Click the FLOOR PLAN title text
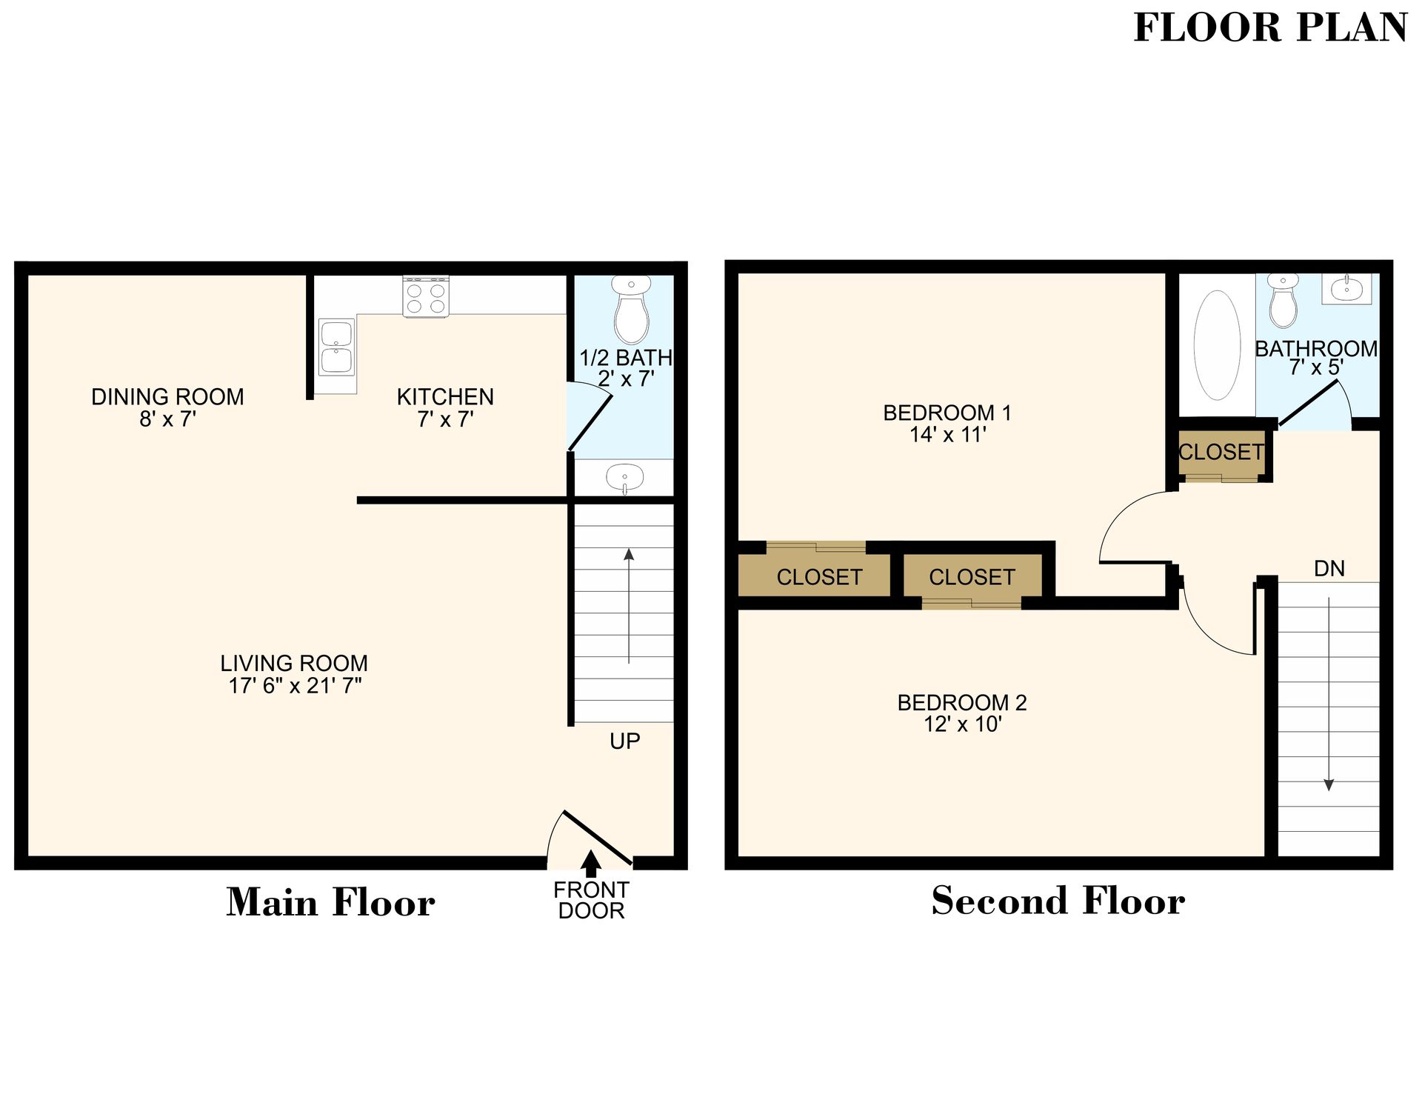point(1269,28)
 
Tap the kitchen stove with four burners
point(426,297)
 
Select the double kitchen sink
point(336,347)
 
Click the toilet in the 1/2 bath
point(631,310)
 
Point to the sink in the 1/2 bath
point(624,478)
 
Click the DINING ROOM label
point(167,397)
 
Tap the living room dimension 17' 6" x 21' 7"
point(295,686)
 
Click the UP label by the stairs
point(624,741)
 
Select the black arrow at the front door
point(590,863)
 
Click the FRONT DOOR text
point(591,900)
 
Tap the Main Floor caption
point(330,902)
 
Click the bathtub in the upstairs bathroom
point(1217,345)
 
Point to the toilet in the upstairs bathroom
point(1283,301)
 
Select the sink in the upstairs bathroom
point(1346,288)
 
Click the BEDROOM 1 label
point(947,413)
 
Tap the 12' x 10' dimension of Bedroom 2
point(962,724)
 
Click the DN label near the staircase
point(1329,568)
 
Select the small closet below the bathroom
point(1221,453)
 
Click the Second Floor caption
point(1058,901)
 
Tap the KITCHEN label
point(445,397)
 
